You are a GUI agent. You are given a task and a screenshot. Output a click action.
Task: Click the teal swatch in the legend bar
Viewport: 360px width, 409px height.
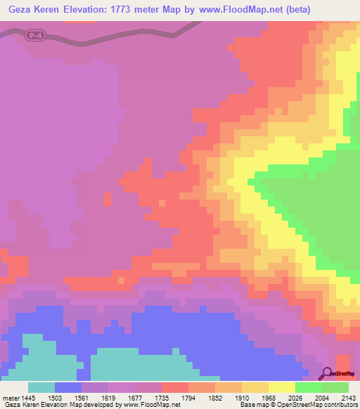tap(41, 388)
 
